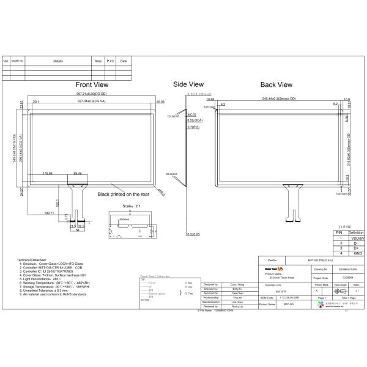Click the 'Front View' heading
click(x=92, y=84)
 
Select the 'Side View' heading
click(x=188, y=84)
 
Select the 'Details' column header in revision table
click(x=58, y=61)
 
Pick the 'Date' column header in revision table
click(x=123, y=61)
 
